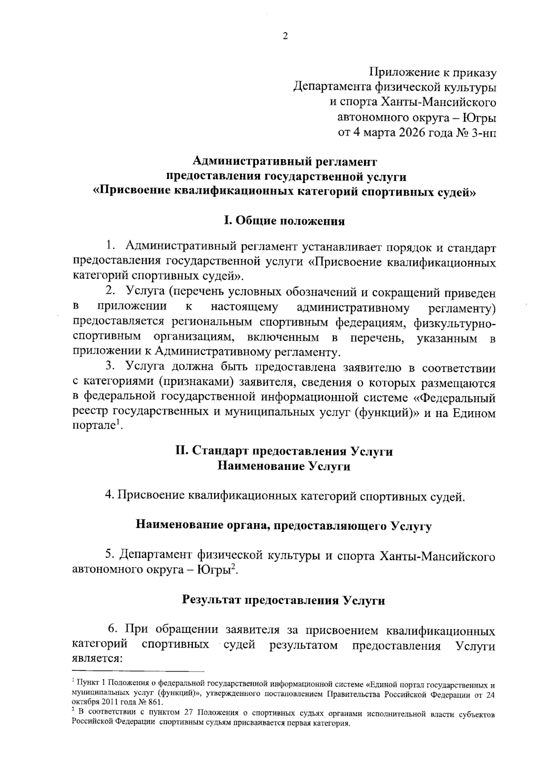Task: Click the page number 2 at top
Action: (285, 37)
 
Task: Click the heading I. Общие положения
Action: (284, 221)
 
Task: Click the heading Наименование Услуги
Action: (284, 466)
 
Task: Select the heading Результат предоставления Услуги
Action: (284, 600)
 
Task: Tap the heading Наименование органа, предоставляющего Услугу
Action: (284, 526)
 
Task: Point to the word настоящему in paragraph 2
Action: (244, 306)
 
